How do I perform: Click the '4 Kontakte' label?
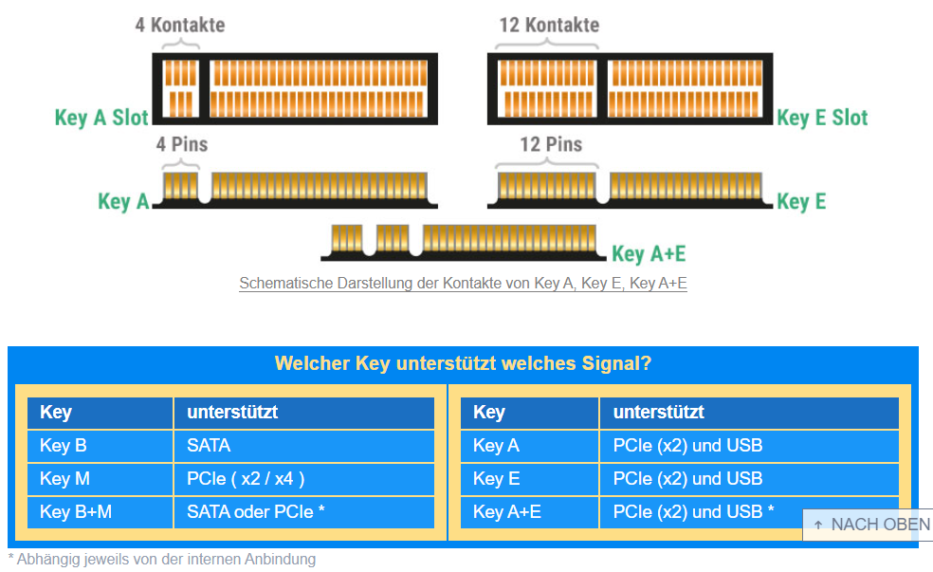point(180,25)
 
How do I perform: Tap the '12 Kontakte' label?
point(549,25)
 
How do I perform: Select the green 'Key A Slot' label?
point(101,118)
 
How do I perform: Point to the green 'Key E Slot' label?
point(822,118)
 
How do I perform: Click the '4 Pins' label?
point(182,144)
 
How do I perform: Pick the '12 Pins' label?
point(551,144)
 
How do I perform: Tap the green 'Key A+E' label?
point(649,253)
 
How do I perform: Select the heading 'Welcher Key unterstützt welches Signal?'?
point(463,363)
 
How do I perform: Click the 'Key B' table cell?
point(100,446)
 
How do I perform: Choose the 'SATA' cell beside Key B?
point(304,446)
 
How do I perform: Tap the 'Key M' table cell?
point(100,479)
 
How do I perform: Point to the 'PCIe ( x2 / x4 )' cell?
point(304,479)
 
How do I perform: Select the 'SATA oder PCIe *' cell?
point(304,512)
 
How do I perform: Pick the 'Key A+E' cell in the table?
point(530,512)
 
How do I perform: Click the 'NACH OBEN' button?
point(869,525)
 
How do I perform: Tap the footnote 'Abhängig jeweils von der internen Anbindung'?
point(166,560)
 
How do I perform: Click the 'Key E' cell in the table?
point(530,479)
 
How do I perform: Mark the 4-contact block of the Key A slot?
point(180,88)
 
